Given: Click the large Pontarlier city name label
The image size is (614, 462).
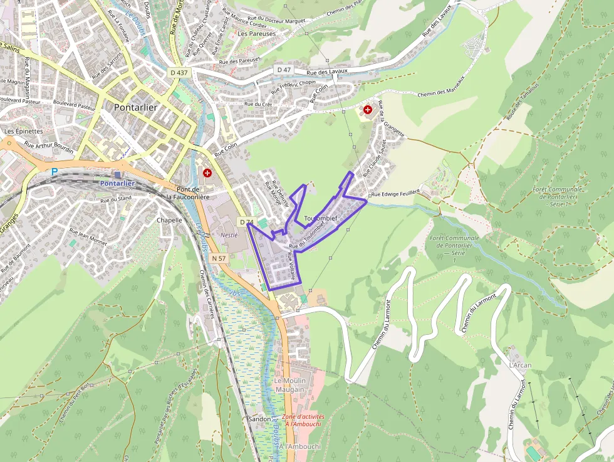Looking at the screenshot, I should coord(135,107).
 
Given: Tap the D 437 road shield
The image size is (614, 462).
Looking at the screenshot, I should coord(179,73).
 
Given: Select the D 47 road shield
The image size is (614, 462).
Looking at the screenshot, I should coord(284,70).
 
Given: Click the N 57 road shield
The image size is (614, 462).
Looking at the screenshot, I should coord(218,258).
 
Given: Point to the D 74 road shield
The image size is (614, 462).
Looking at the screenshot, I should coord(246,222).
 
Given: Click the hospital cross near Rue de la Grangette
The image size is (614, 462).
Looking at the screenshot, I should coord(368,110).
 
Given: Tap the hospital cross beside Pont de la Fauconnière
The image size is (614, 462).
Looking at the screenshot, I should coord(207,172).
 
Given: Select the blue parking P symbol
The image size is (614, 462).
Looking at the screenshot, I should coord(54,171).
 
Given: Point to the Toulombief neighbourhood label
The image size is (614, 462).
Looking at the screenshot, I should coord(320,218).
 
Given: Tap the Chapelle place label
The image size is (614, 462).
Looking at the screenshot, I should coord(169,221).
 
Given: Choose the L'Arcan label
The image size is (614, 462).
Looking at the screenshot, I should coord(520,365).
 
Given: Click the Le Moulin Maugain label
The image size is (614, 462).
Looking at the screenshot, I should coord(289,385).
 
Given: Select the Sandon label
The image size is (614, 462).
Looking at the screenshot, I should coord(259,419).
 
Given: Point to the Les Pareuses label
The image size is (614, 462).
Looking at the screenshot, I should coord(257,34).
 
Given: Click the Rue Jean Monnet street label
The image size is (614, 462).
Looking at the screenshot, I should coord(88,235).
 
